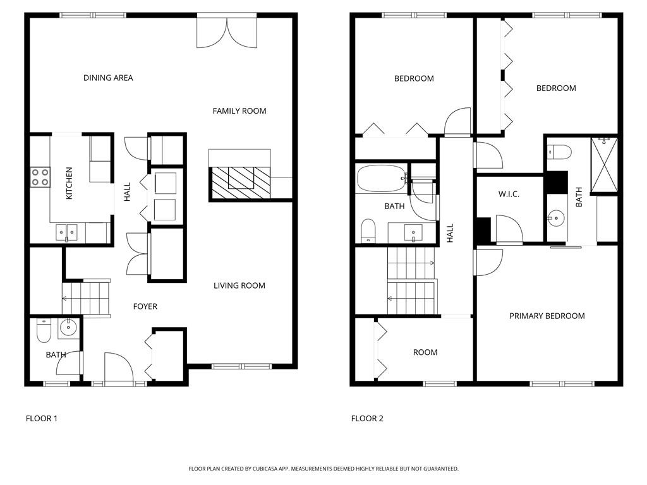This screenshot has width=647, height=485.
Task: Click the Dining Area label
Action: (x=108, y=78)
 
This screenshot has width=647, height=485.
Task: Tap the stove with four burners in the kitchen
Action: (x=40, y=176)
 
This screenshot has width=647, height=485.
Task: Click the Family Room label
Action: (x=239, y=111)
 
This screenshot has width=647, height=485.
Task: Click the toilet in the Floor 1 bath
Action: (x=43, y=330)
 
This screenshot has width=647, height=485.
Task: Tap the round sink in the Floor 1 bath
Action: (x=68, y=328)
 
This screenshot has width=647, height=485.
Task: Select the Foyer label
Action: (x=145, y=306)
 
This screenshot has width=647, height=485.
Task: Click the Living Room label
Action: (x=239, y=285)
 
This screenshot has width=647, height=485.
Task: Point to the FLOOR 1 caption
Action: (x=41, y=418)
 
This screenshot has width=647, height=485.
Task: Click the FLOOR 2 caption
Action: (x=367, y=418)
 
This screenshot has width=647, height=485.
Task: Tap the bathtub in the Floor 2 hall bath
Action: (x=381, y=179)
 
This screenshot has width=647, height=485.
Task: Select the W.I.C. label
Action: (x=509, y=194)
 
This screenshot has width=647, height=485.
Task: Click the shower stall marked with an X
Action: (x=604, y=164)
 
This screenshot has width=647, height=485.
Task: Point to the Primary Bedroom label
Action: (x=547, y=316)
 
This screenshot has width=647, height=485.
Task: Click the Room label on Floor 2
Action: (x=425, y=352)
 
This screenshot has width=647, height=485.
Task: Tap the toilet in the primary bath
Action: (x=559, y=152)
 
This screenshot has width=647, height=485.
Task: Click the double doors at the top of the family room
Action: (x=227, y=31)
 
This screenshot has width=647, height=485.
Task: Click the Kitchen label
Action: (x=70, y=184)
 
